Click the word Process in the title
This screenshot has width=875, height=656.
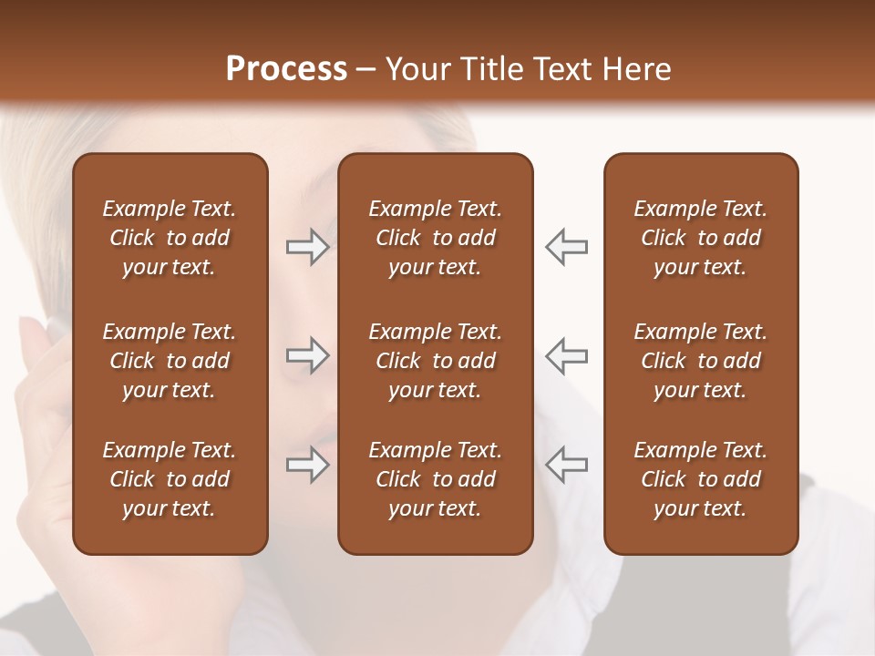(x=286, y=69)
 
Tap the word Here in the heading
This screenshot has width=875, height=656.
(x=637, y=69)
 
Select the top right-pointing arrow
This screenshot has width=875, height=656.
(x=307, y=247)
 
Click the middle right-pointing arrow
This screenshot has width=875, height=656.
(x=307, y=355)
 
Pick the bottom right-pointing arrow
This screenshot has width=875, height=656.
(x=307, y=465)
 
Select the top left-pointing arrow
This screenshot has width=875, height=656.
(x=566, y=247)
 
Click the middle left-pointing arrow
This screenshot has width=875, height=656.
(x=566, y=355)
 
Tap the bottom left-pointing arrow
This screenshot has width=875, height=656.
(x=566, y=465)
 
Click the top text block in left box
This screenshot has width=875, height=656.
(x=170, y=238)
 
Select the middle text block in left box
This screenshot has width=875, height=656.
(x=170, y=361)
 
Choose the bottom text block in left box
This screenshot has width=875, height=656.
(x=170, y=479)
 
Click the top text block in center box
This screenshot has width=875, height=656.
(x=435, y=238)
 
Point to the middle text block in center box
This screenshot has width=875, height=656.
(x=435, y=361)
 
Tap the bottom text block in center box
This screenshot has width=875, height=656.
(x=435, y=479)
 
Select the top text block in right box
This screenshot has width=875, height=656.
(x=700, y=238)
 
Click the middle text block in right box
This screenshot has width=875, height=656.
(x=700, y=361)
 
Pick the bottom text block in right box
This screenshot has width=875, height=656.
(x=700, y=479)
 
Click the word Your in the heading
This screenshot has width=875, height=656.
(x=419, y=69)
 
